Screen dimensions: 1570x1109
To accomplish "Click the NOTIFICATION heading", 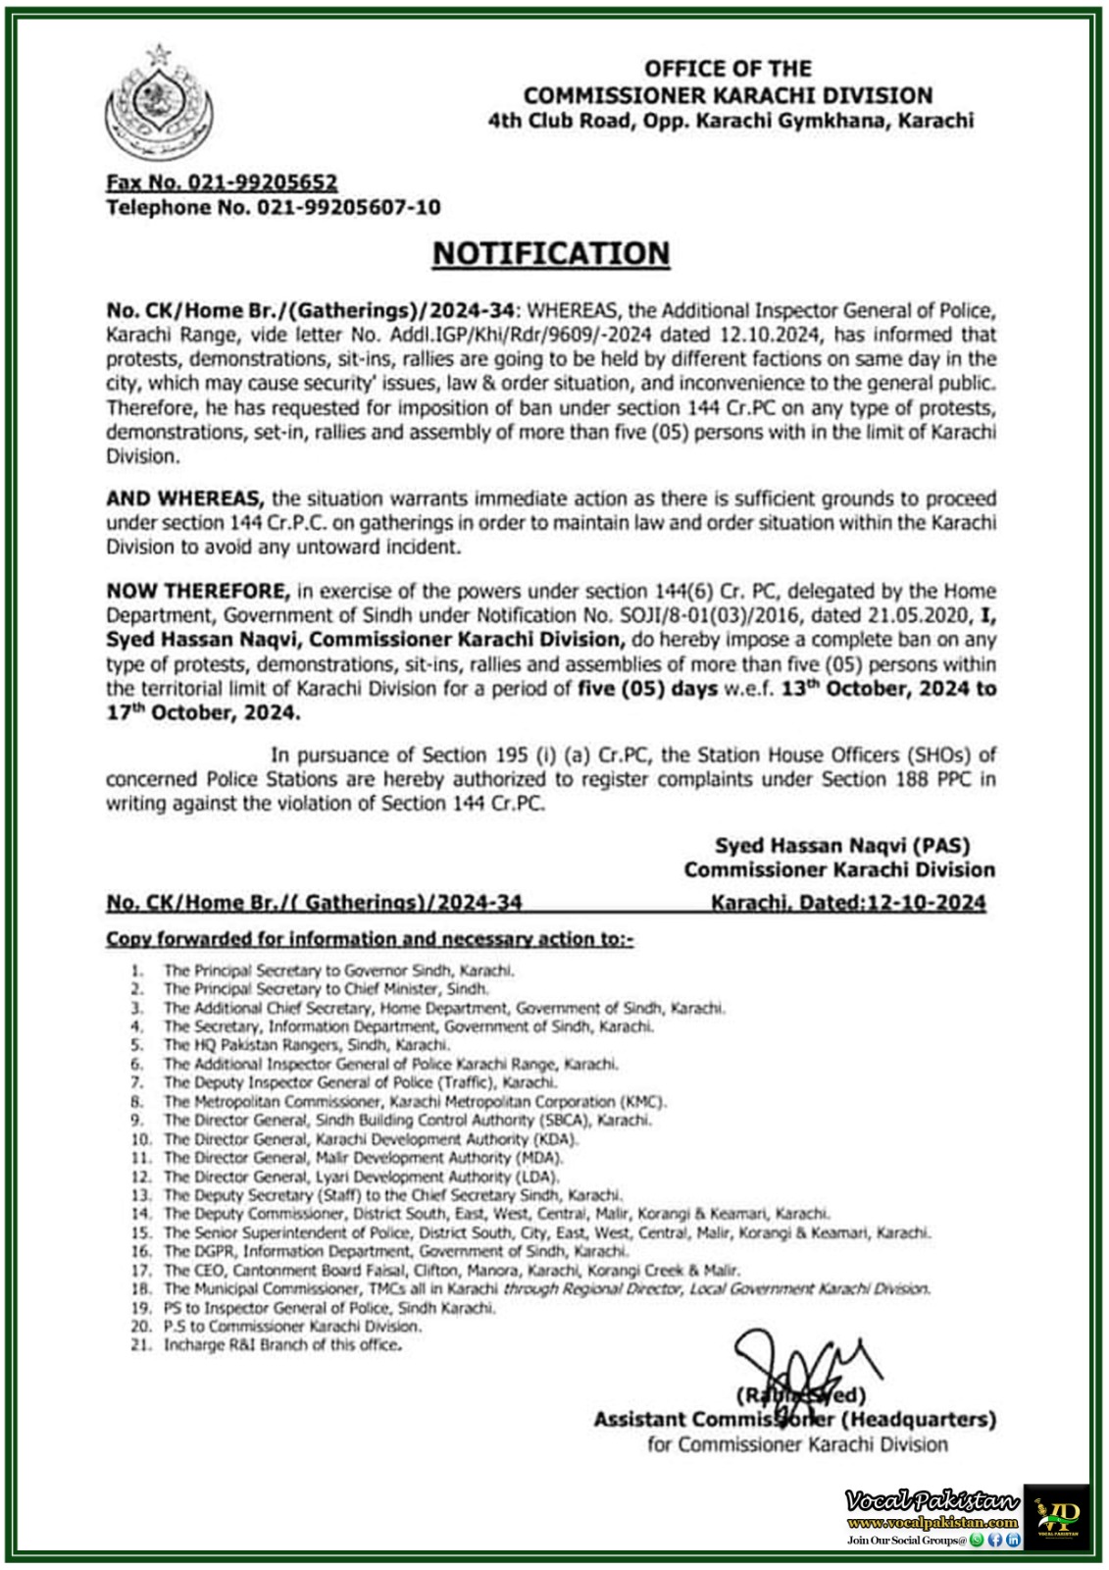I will click(551, 253).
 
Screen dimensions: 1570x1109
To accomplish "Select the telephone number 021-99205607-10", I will click(348, 207).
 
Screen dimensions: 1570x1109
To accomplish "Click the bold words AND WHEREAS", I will click(184, 498).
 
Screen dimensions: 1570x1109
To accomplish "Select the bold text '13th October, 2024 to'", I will click(888, 688).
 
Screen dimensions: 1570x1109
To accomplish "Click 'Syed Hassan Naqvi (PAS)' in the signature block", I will click(841, 845).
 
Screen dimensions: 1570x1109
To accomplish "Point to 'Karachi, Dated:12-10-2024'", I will click(848, 903).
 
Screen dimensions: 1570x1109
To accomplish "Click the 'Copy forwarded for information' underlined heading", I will click(370, 939).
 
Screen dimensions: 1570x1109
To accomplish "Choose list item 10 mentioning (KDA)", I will click(371, 1139).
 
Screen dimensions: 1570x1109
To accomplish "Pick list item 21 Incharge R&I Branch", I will click(282, 1344).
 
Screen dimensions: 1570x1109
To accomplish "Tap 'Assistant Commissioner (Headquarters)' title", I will click(794, 1419).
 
